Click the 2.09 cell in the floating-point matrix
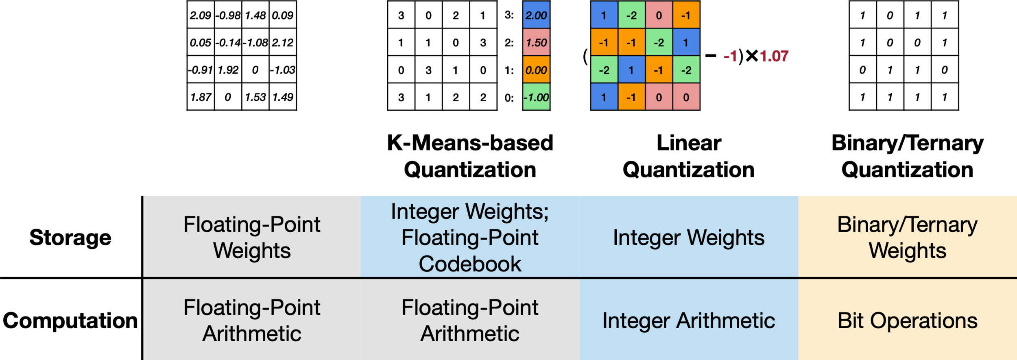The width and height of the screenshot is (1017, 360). point(201,15)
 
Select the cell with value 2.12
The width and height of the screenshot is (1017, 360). point(283,43)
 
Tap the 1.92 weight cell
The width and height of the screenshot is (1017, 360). point(228,70)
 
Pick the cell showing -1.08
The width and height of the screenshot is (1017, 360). point(255,43)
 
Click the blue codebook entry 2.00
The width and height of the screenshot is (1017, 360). point(536,15)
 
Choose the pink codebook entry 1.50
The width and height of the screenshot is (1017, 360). point(536,43)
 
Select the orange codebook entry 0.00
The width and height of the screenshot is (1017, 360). point(536,70)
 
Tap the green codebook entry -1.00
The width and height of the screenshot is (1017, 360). point(536,97)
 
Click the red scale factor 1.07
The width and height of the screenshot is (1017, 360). point(774,56)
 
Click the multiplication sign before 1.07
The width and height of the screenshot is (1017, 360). point(752,56)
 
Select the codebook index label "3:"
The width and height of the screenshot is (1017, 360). point(509,15)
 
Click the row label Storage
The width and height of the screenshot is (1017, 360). point(70,238)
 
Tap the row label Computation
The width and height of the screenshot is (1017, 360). point(70,321)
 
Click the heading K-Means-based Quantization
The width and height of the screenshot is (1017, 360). point(470,156)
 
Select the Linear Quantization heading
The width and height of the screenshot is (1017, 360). point(689,156)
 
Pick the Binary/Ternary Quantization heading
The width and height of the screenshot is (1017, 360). point(908,156)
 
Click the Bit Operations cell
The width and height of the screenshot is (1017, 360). point(908,321)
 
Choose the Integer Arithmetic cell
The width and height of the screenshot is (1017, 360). point(689,321)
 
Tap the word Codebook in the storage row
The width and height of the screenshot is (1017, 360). point(470,264)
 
